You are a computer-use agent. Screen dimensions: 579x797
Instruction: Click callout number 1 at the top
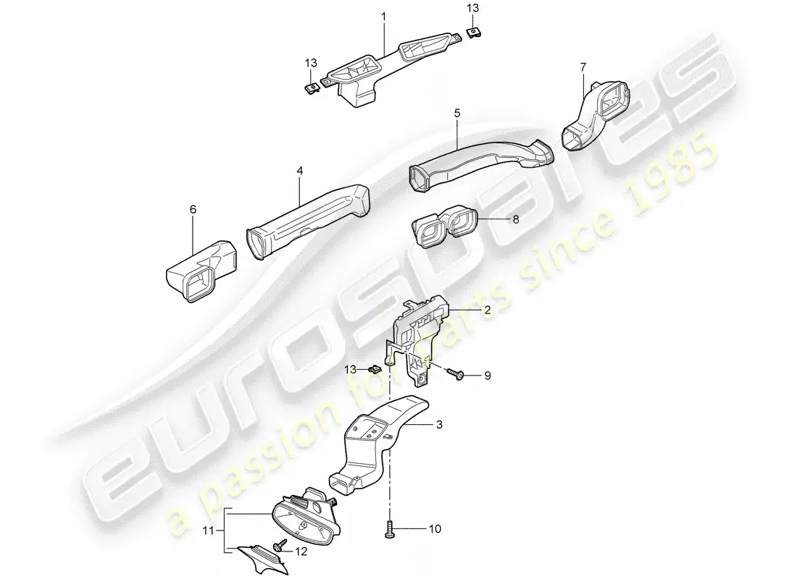coord(384,15)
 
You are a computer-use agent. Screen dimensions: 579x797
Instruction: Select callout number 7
coord(582,67)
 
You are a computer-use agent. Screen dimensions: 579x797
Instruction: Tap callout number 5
coord(456,114)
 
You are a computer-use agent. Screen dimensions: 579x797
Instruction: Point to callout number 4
coord(299,172)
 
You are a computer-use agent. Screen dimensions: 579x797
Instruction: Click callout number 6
coord(193,209)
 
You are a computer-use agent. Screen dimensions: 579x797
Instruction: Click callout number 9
coord(488,375)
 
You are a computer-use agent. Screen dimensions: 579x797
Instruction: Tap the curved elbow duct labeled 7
coord(594,112)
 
